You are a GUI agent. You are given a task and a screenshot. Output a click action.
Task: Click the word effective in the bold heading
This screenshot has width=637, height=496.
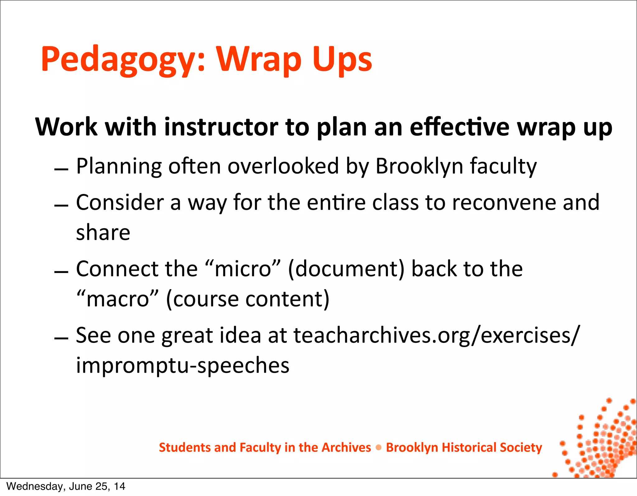coord(459,127)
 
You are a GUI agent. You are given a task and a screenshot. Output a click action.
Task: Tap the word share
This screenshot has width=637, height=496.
coord(103,233)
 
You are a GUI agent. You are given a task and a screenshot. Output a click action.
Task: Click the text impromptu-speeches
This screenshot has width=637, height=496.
coord(183,366)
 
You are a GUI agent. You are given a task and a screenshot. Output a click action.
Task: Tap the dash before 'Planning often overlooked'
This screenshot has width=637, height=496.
coord(61,169)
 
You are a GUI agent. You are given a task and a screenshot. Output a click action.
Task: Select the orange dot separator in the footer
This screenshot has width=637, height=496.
coord(379,448)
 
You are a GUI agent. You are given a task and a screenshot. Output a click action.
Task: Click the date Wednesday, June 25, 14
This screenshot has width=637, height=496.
coord(66,486)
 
